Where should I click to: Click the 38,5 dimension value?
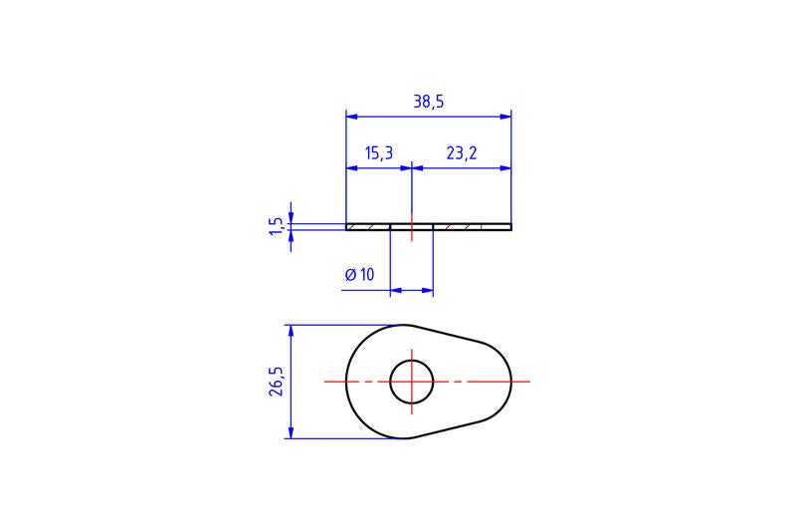429,102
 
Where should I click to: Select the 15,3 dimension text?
379,152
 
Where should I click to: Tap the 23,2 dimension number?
462,152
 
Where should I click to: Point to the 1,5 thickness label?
276,226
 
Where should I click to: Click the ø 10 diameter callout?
359,275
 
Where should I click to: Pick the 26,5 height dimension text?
277,382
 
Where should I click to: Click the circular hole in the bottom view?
412,382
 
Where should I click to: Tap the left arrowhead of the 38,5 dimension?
352,117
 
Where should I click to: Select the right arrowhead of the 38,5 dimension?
505,117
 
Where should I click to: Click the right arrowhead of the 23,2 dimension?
505,167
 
